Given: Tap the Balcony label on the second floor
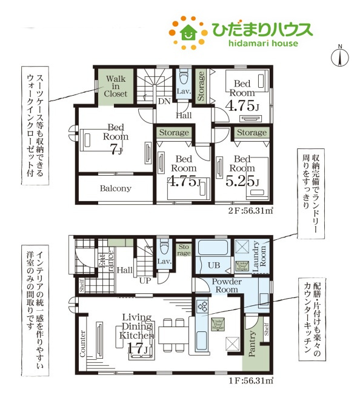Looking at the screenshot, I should coord(115,188).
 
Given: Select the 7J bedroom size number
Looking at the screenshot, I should coord(115,150).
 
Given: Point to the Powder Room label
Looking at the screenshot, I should coord(227,286).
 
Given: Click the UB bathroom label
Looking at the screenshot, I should coord(213,265).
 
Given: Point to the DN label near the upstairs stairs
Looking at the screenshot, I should coord(164,102).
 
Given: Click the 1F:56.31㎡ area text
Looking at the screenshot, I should coord(248,381).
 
